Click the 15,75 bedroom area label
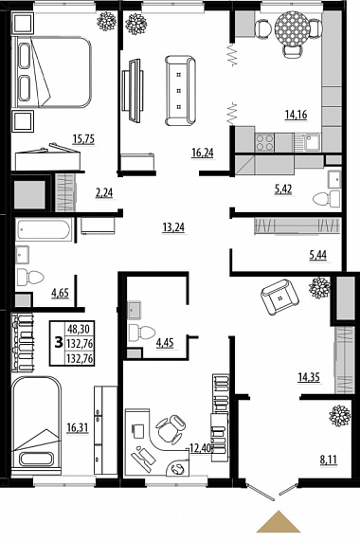coord(83,138)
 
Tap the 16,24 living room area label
coord(203,153)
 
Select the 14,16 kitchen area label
coord(296,115)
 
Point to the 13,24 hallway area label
coord(173,227)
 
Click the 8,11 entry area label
coord(328,460)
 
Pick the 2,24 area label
coord(104,192)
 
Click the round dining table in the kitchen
coord(292,27)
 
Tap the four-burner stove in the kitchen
coord(265,142)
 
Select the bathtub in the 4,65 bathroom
coord(44,229)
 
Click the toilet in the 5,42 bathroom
coord(327,199)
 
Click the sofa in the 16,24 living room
coord(180,90)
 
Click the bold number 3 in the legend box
coord(59,343)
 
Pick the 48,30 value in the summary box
coord(79,329)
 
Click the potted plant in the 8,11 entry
coord(340,415)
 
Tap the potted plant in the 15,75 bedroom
coord(106,21)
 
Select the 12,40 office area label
coord(200,448)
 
